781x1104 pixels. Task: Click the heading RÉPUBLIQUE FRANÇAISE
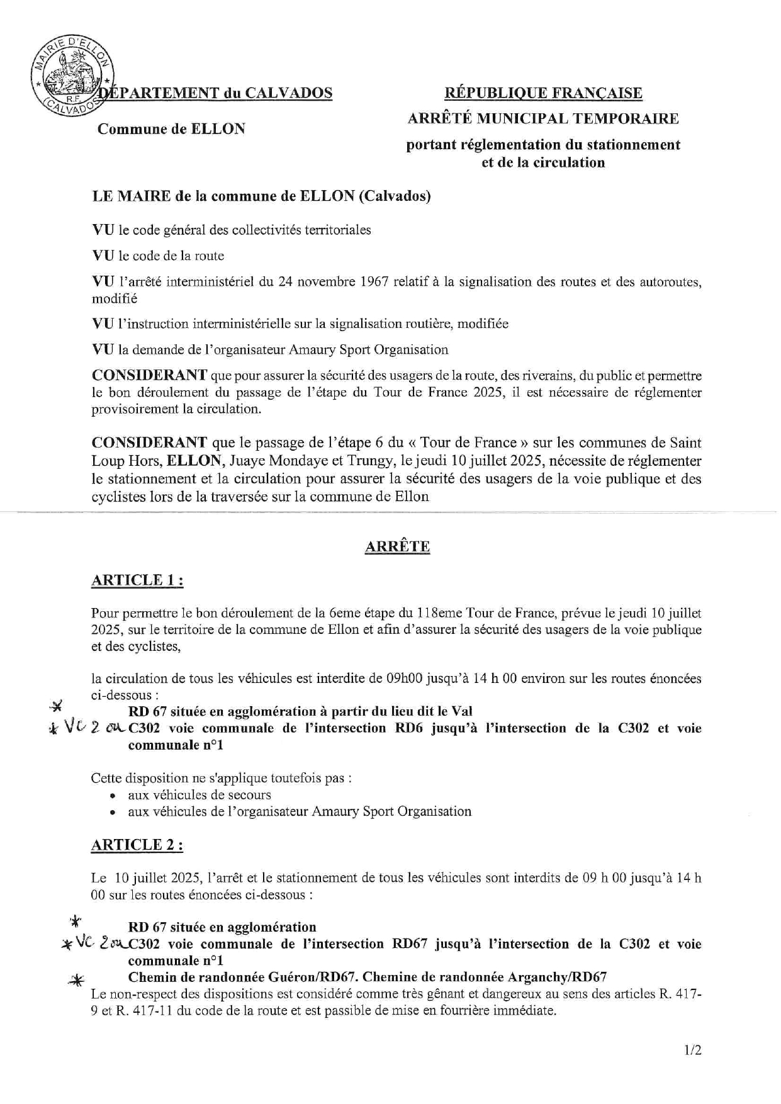point(543,93)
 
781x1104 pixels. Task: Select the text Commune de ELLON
point(171,129)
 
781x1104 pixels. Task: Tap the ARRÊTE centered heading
point(397,546)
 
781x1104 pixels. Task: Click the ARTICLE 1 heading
point(137,580)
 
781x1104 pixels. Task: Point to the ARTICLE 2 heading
point(137,845)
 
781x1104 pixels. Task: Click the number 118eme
point(439,612)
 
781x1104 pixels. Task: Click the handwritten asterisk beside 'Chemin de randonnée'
point(77,979)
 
